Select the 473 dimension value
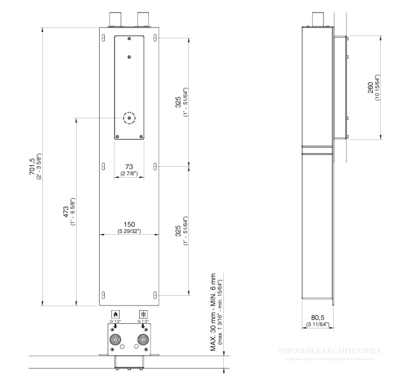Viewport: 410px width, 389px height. coord(65,212)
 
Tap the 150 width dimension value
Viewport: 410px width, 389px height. coord(129,224)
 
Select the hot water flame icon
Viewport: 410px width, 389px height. coord(115,314)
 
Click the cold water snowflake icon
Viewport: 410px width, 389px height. coord(143,314)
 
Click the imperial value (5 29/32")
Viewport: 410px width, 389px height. coord(129,231)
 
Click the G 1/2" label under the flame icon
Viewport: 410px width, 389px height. coord(115,322)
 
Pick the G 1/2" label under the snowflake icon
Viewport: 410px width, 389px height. coord(143,322)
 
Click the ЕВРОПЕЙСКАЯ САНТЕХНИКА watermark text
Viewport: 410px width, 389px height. coord(332,350)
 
